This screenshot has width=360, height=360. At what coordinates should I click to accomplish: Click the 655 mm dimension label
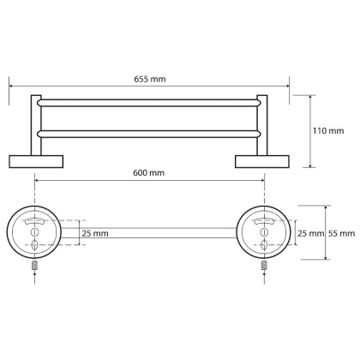pos(150,79)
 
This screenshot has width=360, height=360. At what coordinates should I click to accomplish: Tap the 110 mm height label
pos(328,131)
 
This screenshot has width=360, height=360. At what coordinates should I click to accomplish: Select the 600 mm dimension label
pos(148,173)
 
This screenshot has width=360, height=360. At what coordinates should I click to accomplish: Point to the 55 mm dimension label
pos(342,233)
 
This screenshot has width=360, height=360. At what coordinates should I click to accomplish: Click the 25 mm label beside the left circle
pos(95,233)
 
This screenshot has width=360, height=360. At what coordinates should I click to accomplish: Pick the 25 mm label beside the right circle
pos(311,233)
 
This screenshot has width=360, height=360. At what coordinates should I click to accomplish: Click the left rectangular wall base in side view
pos(36,162)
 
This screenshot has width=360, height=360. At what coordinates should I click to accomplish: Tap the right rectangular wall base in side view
pos(262,162)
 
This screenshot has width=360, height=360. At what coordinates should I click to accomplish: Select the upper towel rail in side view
pos(149,103)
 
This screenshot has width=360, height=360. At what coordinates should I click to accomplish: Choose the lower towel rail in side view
pos(149,134)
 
